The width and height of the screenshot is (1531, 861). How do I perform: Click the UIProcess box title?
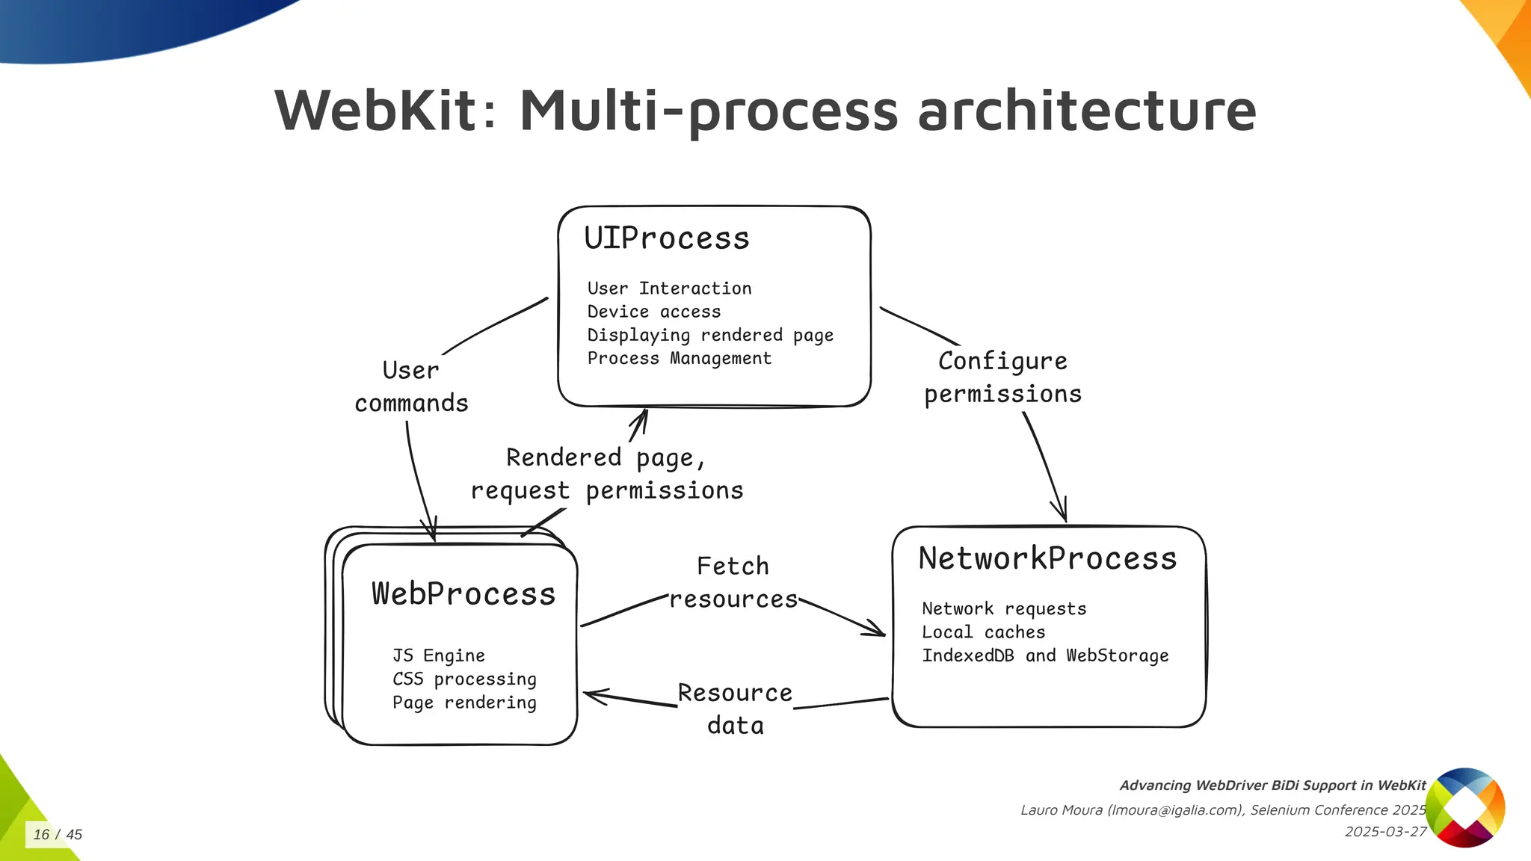click(x=666, y=238)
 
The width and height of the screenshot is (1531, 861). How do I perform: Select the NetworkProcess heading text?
click(x=1047, y=559)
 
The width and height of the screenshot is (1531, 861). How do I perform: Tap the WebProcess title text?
click(x=463, y=594)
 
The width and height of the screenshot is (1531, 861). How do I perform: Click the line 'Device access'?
click(x=653, y=312)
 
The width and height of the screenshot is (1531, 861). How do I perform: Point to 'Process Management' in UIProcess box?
click(x=679, y=359)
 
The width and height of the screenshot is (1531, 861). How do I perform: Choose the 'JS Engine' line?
click(x=438, y=656)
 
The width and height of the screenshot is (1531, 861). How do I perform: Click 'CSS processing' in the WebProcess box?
click(x=464, y=679)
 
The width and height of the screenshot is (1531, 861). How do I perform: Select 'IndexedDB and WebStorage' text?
click(x=1044, y=656)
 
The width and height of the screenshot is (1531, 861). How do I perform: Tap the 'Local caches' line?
click(x=983, y=632)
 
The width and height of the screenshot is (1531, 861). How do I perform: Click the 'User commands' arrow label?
click(x=411, y=387)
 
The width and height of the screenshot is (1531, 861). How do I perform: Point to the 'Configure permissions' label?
click(x=1002, y=377)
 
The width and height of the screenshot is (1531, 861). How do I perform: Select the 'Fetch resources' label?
click(x=733, y=583)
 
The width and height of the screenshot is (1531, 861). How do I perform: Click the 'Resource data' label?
click(x=735, y=709)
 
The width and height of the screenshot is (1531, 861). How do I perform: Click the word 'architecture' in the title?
click(x=1086, y=110)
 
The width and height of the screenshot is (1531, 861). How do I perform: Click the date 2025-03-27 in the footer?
click(x=1385, y=832)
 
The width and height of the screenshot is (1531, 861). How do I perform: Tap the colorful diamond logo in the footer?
click(x=1464, y=807)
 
